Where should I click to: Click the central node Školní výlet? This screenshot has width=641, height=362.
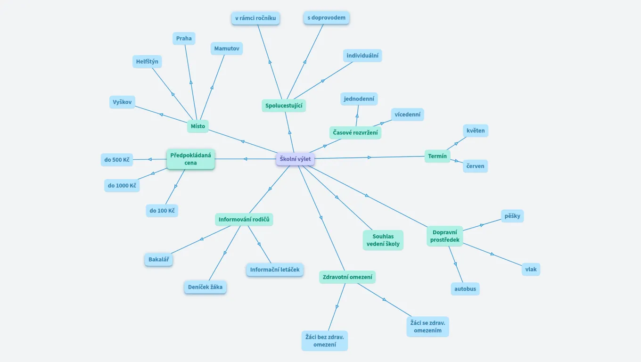(x=295, y=159)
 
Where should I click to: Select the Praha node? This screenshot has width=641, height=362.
(x=184, y=39)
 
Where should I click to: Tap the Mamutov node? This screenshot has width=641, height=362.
(x=227, y=49)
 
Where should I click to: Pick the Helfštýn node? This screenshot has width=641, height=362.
(x=147, y=62)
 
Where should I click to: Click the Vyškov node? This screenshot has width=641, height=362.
(x=122, y=102)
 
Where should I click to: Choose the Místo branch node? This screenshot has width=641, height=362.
(x=198, y=126)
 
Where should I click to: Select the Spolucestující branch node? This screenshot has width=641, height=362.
(x=284, y=106)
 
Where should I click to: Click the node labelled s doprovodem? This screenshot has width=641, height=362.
(x=326, y=18)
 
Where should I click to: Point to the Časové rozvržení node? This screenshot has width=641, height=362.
(x=355, y=133)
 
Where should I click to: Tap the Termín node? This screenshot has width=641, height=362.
(x=437, y=156)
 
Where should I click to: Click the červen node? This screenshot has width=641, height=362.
(x=475, y=166)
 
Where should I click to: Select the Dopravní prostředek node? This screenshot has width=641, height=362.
(x=445, y=236)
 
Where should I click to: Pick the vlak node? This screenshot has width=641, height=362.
(x=531, y=270)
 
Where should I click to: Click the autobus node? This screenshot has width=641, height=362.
(x=465, y=289)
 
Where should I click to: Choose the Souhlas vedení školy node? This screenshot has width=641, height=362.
(x=383, y=240)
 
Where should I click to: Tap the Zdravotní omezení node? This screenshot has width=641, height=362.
(x=347, y=277)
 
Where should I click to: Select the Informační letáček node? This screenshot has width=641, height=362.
(x=275, y=270)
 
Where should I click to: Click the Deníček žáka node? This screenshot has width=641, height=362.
(x=205, y=287)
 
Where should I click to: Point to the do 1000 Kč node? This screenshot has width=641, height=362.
(x=122, y=186)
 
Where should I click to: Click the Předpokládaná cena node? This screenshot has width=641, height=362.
(x=191, y=159)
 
